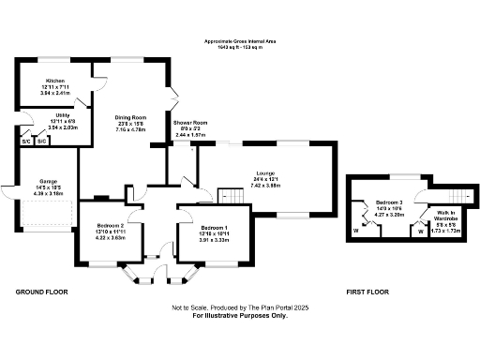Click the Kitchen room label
point(53,82)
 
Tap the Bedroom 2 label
point(111,227)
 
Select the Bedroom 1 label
point(215,228)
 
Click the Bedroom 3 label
point(389,202)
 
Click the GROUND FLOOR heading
point(43,292)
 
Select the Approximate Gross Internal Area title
point(240,42)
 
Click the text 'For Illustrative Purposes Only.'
point(240,315)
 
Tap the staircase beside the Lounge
point(230,196)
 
